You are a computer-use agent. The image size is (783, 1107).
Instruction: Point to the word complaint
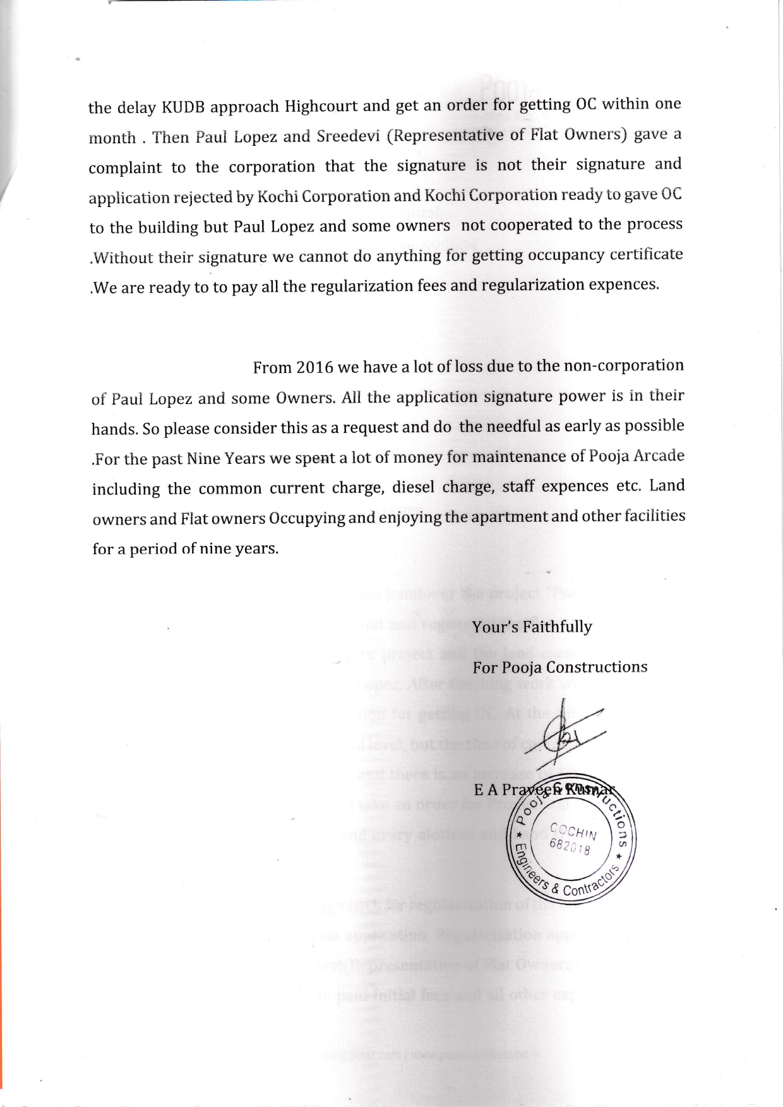125,168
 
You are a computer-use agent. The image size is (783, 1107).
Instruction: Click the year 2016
314,367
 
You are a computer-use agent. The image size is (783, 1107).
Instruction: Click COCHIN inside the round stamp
571,832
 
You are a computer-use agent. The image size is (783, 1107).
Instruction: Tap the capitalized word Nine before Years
202,458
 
